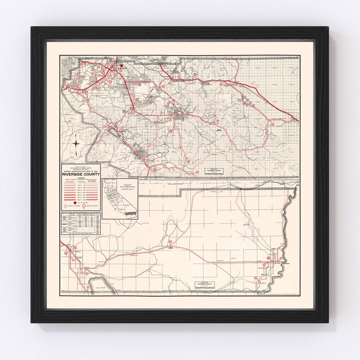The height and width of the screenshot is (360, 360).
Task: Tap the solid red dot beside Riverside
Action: (x=122, y=66)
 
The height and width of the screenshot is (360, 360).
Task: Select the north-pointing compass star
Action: (x=77, y=143)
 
